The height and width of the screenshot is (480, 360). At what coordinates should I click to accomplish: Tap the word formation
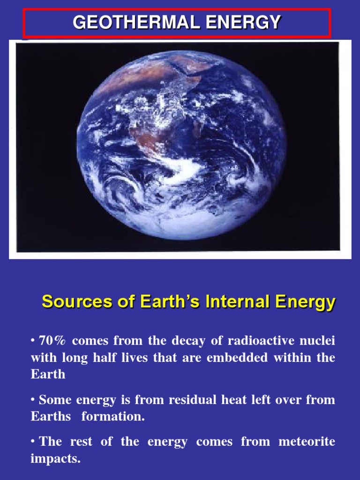[113, 417]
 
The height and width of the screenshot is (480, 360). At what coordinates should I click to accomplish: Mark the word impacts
[55, 458]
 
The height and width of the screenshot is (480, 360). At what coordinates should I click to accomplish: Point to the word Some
[52, 400]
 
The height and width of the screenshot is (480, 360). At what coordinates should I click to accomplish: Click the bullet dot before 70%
[33, 340]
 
